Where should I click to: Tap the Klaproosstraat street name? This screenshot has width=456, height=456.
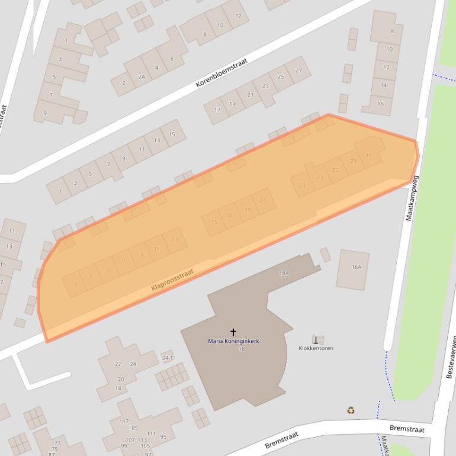pos(172,279)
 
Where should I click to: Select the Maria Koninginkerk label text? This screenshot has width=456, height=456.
pos(233,341)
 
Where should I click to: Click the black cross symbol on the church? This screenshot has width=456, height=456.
pos(233,332)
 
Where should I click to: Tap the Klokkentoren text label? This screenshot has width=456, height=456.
pos(316,348)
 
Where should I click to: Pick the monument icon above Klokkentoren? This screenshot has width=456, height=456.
pos(318,339)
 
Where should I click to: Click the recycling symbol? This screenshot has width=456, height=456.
pos(351,410)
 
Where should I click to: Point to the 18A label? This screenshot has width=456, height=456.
pos(284,273)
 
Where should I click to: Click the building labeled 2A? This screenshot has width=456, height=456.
pos(142,76)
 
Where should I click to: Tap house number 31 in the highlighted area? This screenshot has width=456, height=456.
pos(368,155)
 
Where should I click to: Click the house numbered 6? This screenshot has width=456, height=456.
pos(172,59)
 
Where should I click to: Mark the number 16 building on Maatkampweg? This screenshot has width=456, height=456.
pos(380,104)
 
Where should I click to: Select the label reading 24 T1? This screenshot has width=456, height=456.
pos(169,358)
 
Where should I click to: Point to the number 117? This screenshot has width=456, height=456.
pos(124,422)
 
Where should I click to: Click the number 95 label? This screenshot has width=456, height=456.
pos(163,437)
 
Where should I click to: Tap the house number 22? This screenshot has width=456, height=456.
pos(118,364)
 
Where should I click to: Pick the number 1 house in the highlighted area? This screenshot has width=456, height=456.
pos(76,285)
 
